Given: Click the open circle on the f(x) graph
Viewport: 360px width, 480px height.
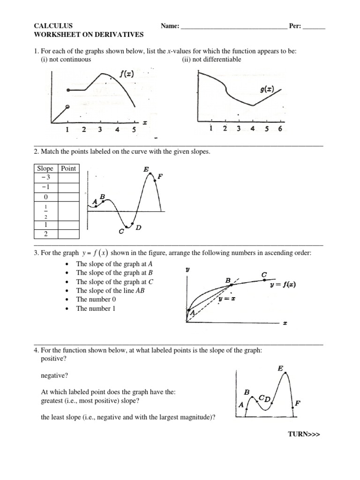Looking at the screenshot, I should tap(68, 107).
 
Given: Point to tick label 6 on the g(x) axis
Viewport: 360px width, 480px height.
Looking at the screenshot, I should tap(280, 129).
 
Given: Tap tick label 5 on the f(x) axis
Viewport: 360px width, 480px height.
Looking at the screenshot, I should tap(134, 130).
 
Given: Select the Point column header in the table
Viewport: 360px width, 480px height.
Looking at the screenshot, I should tap(68, 168).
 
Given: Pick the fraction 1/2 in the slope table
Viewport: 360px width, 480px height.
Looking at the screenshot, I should tap(45, 210).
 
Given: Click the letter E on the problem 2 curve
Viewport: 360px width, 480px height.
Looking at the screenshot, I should tap(147, 169).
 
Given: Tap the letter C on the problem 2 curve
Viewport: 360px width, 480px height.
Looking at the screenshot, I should tap(121, 231).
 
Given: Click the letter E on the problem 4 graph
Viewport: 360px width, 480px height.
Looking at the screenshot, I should tap(280, 369).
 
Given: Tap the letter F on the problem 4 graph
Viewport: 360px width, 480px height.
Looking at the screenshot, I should tap(298, 402).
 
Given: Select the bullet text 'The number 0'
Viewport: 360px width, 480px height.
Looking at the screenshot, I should tap(96, 300).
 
